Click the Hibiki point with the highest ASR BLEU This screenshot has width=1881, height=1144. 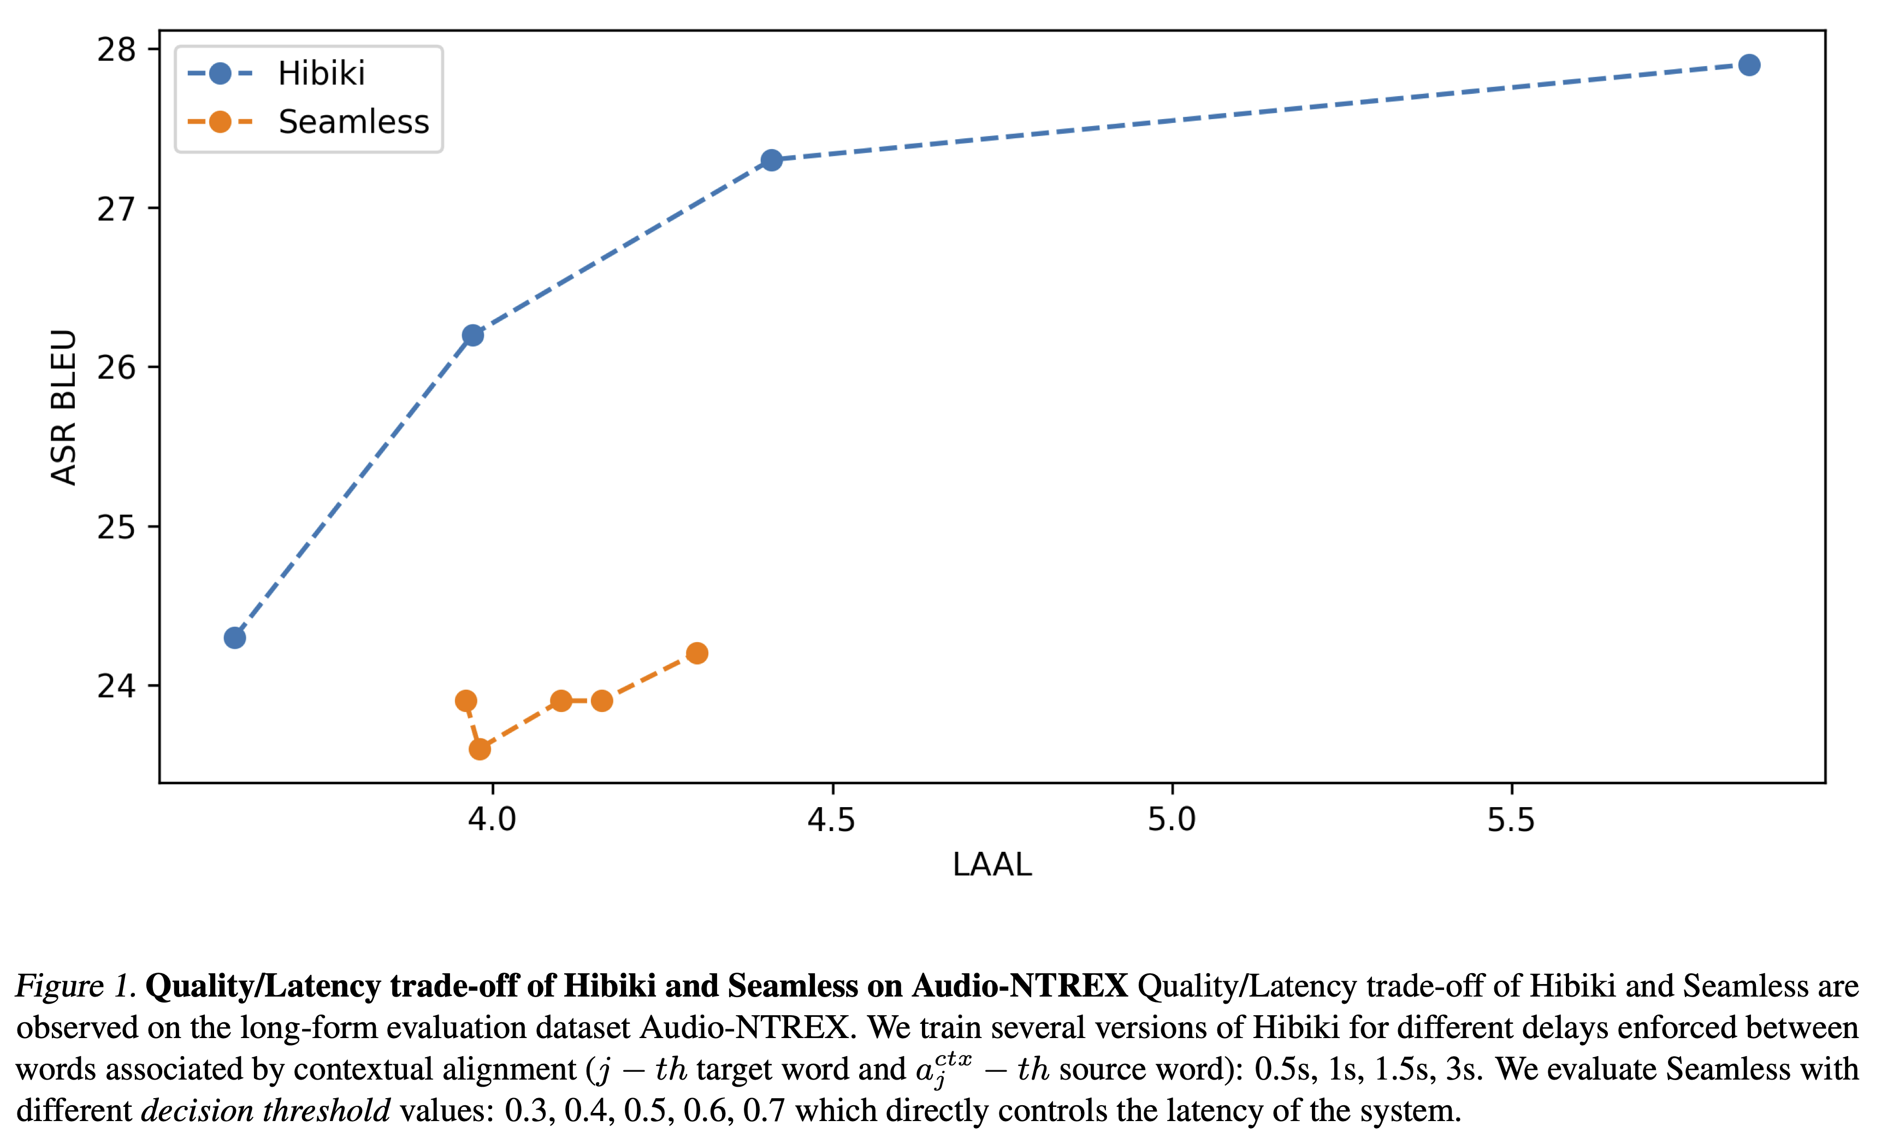click(x=1749, y=66)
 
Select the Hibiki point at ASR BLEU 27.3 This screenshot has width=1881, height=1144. click(x=772, y=160)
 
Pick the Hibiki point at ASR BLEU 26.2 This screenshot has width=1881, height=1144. click(x=472, y=335)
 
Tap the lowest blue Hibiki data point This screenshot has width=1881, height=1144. click(x=235, y=638)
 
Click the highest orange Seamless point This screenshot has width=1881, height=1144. click(x=697, y=653)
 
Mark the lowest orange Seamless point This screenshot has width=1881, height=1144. click(x=480, y=749)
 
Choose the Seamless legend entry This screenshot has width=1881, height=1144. click(x=353, y=122)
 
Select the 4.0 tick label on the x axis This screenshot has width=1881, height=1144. click(x=493, y=820)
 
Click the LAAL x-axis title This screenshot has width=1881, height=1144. click(x=992, y=864)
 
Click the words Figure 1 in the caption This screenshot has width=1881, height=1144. click(x=75, y=986)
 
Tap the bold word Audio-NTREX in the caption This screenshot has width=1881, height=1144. click(x=1020, y=986)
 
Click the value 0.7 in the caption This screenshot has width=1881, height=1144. click(x=764, y=1111)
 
